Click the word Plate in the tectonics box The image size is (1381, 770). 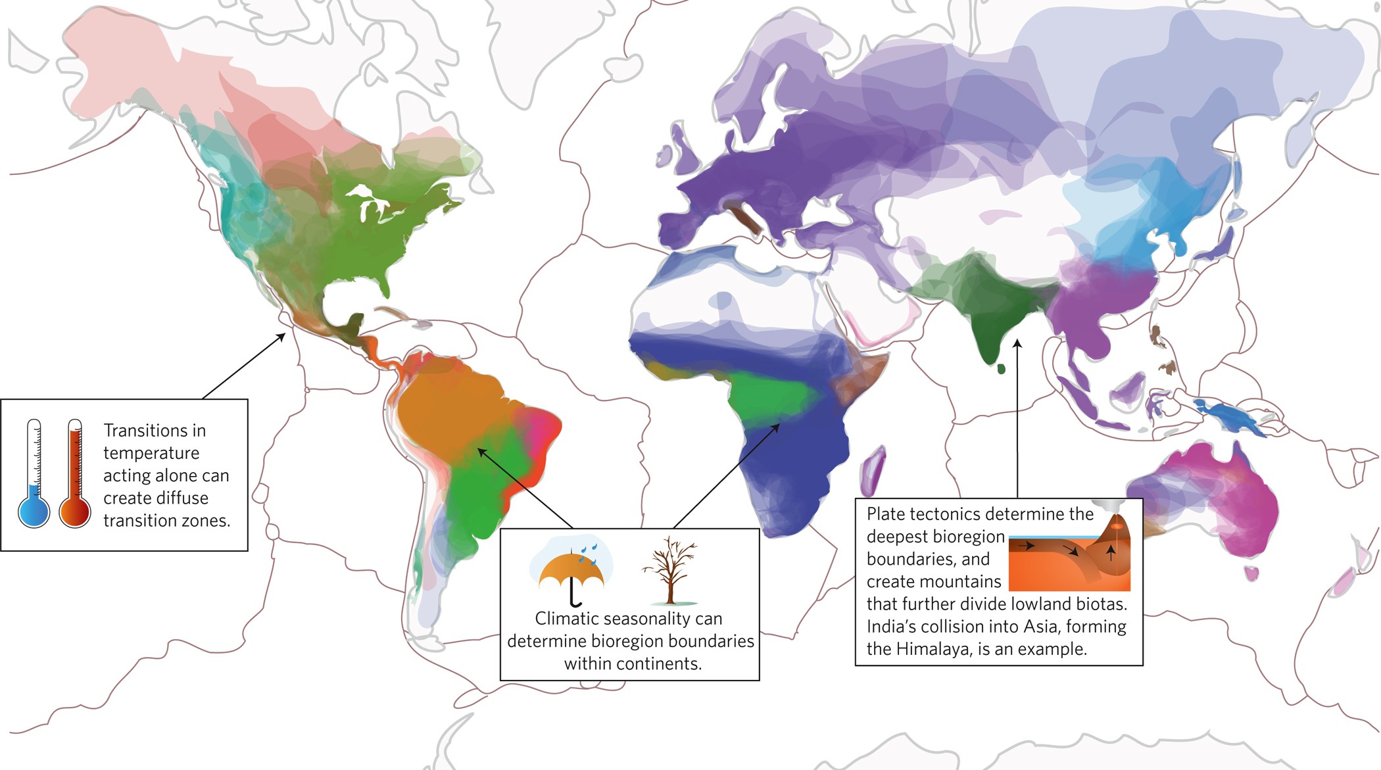coord(885,514)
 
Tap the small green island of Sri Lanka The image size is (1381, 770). coord(1001,370)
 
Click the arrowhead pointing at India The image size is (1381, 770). coord(1017,343)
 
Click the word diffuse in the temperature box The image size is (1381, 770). coord(182,498)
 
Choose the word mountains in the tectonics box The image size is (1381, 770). coord(966,582)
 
